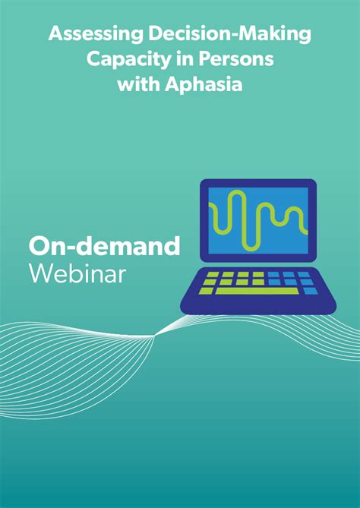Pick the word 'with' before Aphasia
(137, 84)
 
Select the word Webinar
(77, 273)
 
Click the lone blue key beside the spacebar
(310, 291)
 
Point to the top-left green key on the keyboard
(213, 274)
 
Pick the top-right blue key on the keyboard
(304, 274)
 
